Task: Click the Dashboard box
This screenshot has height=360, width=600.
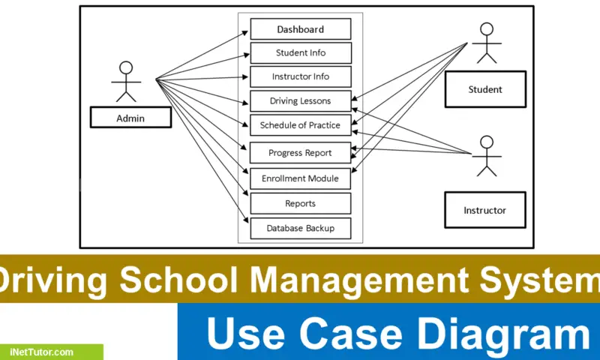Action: [301, 29]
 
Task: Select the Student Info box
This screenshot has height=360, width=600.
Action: [301, 52]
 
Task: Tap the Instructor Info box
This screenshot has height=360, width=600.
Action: [301, 77]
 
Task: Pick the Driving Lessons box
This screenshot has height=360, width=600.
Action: [301, 101]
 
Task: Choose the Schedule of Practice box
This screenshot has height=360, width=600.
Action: [301, 125]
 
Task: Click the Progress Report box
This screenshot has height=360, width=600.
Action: [301, 153]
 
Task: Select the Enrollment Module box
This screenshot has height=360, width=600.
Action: [301, 178]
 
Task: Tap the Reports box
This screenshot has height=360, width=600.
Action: [301, 203]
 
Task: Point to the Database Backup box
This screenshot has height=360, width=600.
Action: [301, 229]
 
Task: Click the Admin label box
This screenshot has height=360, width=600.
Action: [130, 118]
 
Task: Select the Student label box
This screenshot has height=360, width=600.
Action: [485, 89]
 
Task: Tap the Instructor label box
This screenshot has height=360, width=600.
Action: [484, 210]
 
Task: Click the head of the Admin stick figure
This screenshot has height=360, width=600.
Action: [126, 67]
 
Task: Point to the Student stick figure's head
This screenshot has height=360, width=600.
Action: [487, 29]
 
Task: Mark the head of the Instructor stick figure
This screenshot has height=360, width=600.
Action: [487, 142]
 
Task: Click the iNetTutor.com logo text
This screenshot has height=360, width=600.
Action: [42, 352]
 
